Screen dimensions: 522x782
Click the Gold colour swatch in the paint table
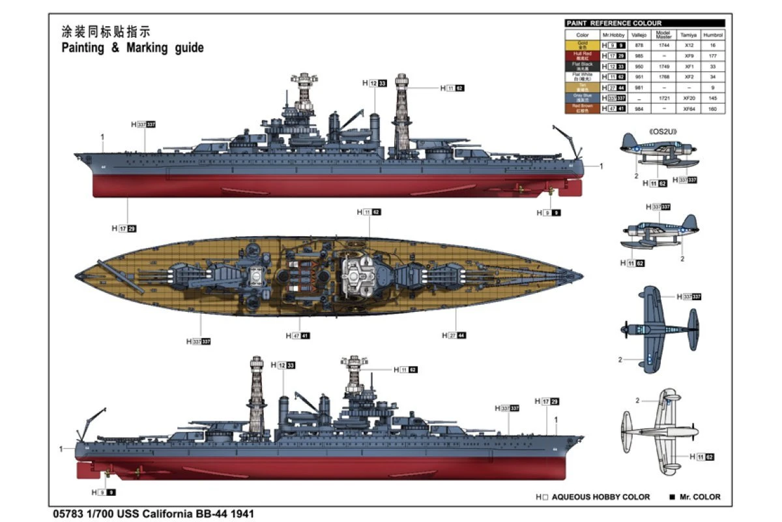pos(582,45)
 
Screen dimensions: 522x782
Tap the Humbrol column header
pos(713,35)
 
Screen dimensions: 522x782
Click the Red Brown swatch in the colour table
pos(582,108)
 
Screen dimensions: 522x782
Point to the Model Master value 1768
pos(663,76)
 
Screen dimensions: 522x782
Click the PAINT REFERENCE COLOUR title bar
pos(644,23)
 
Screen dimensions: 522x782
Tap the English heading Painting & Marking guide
pos(132,48)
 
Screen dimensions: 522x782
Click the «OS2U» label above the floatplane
pos(663,131)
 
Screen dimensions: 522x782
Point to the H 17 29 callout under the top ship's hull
pos(124,228)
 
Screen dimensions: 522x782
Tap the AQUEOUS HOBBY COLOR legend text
pos(600,497)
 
